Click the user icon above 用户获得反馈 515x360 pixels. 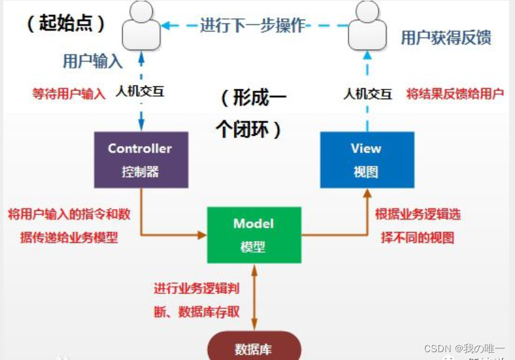367,26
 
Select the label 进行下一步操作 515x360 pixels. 253,25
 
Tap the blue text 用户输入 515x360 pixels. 92,61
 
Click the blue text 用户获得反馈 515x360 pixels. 446,37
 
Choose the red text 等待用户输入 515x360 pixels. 69,93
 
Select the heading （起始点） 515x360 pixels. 65,24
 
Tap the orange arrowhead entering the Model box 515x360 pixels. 201,234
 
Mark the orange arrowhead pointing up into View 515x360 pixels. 367,193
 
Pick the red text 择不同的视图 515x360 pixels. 417,237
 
